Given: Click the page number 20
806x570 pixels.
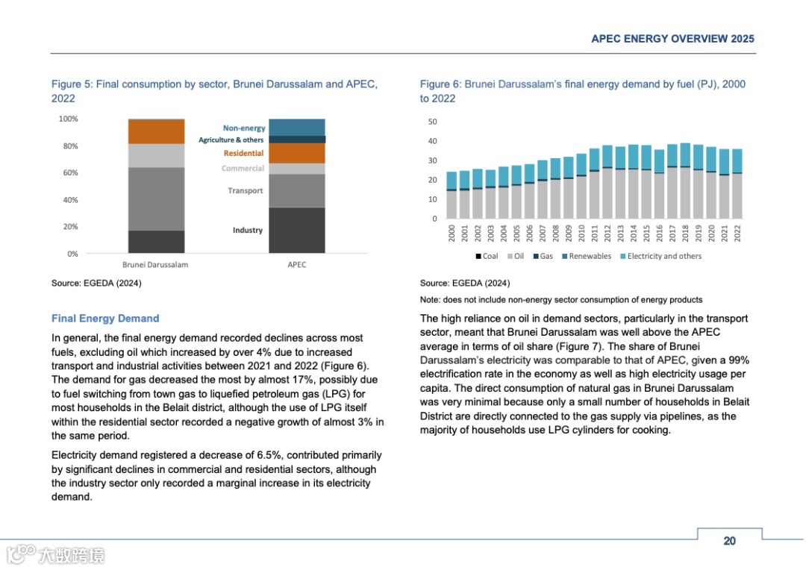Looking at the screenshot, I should [729, 541].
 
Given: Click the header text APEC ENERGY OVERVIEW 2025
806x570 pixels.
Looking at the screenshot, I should [672, 39].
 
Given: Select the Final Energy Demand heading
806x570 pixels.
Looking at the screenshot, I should [105, 319].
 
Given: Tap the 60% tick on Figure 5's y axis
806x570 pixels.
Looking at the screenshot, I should [69, 173].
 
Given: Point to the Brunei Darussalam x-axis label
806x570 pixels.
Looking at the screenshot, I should [155, 265].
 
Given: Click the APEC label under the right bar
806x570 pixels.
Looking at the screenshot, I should [296, 265].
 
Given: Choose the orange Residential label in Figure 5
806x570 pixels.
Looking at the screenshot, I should [243, 154].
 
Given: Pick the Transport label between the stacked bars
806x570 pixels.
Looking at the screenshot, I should [246, 191].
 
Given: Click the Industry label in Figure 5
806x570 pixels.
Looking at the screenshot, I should [248, 231].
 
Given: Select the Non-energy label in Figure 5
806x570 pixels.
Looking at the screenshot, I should [244, 128].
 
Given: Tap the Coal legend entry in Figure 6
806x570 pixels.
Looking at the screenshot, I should [487, 257].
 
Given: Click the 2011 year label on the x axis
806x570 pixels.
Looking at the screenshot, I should [594, 234].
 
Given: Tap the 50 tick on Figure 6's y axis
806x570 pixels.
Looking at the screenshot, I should [433, 122].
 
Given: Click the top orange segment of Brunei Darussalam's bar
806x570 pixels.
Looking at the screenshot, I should [156, 131].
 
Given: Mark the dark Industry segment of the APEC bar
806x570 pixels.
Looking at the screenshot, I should [296, 231].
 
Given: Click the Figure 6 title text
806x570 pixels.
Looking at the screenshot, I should [582, 91].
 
